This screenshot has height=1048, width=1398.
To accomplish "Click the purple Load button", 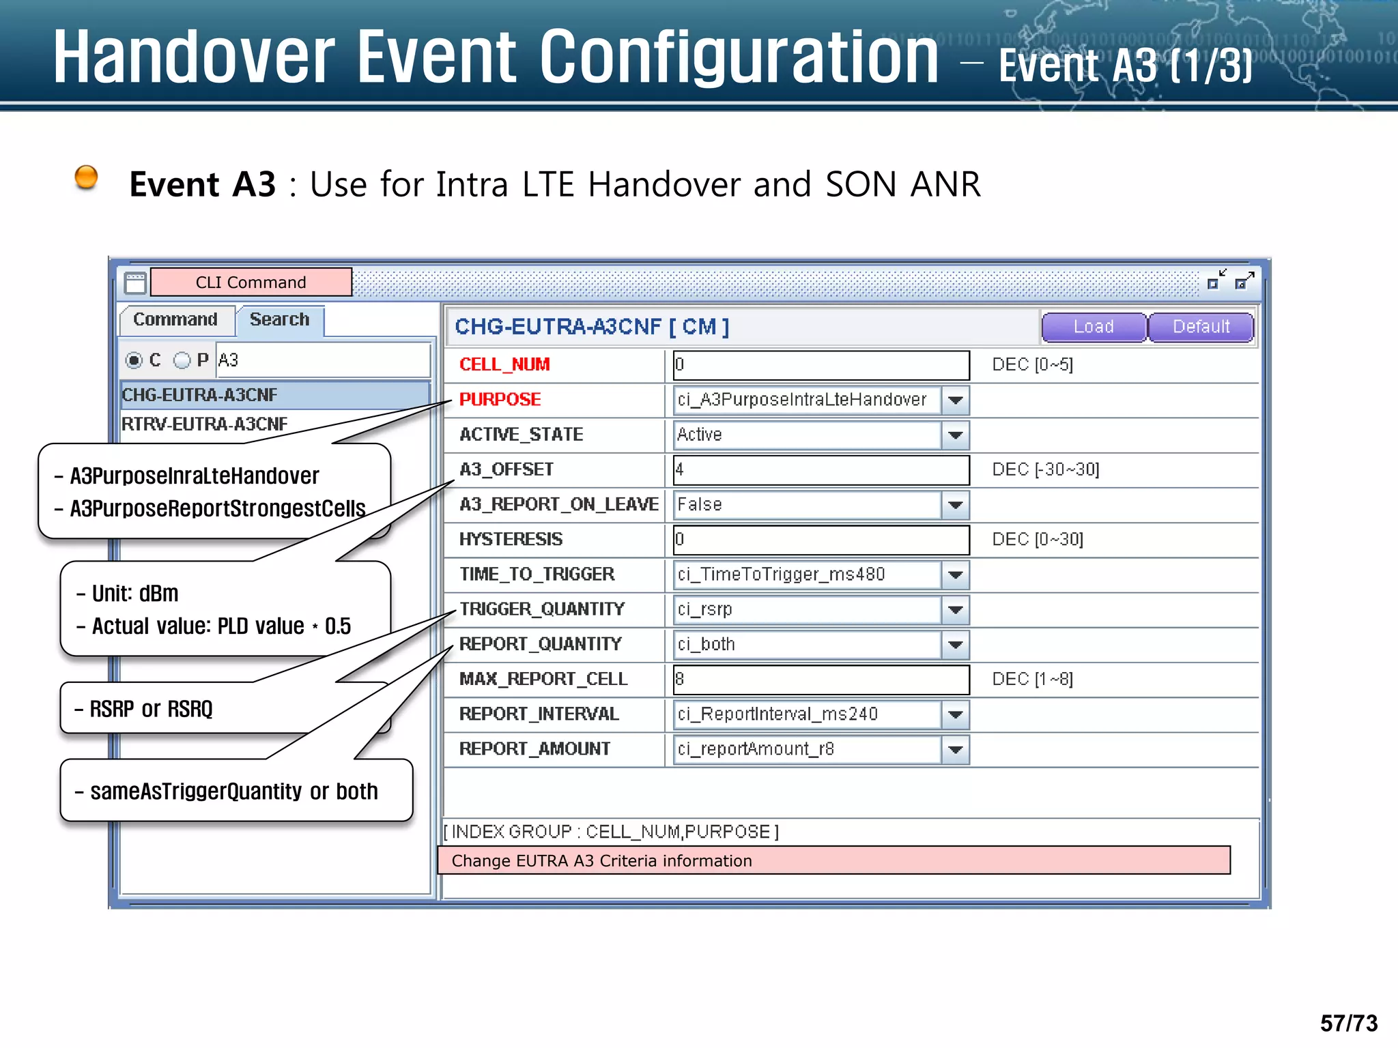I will tap(1093, 327).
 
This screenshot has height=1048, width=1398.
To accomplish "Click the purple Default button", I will tap(1201, 327).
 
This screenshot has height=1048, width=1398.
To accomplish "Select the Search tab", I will tap(279, 319).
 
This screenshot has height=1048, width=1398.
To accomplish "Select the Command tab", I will tap(175, 319).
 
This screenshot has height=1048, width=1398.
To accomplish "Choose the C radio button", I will tap(134, 360).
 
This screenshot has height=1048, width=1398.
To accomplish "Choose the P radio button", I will tap(182, 360).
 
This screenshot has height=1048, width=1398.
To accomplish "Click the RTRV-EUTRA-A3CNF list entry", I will tap(205, 424).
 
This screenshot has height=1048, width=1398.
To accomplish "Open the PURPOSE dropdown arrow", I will tap(956, 400).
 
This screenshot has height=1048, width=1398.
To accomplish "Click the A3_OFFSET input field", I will tap(821, 469).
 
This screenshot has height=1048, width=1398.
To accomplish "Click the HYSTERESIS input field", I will tap(821, 540).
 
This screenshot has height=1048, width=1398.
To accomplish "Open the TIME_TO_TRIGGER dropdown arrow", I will tap(956, 574).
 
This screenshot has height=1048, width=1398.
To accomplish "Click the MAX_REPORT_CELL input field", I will tap(821, 680).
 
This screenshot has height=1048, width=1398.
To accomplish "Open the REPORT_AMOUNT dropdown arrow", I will tap(956, 749).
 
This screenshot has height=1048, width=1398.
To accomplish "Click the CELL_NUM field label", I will tap(504, 364).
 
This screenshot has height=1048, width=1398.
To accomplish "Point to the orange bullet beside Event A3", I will tap(86, 177).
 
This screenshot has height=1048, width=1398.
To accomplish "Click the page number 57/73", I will tap(1348, 1023).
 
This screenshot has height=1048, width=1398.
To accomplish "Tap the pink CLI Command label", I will tap(251, 282).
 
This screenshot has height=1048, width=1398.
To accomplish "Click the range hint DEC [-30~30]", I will tap(1045, 469).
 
